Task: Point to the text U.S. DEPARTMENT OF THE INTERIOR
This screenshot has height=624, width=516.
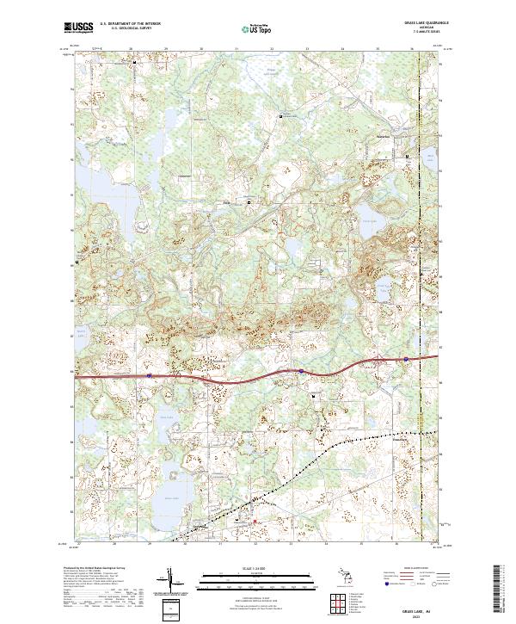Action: click(x=131, y=24)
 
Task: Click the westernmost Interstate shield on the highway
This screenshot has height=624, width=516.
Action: click(x=149, y=375)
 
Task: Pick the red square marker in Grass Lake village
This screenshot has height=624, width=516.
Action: click(x=255, y=521)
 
